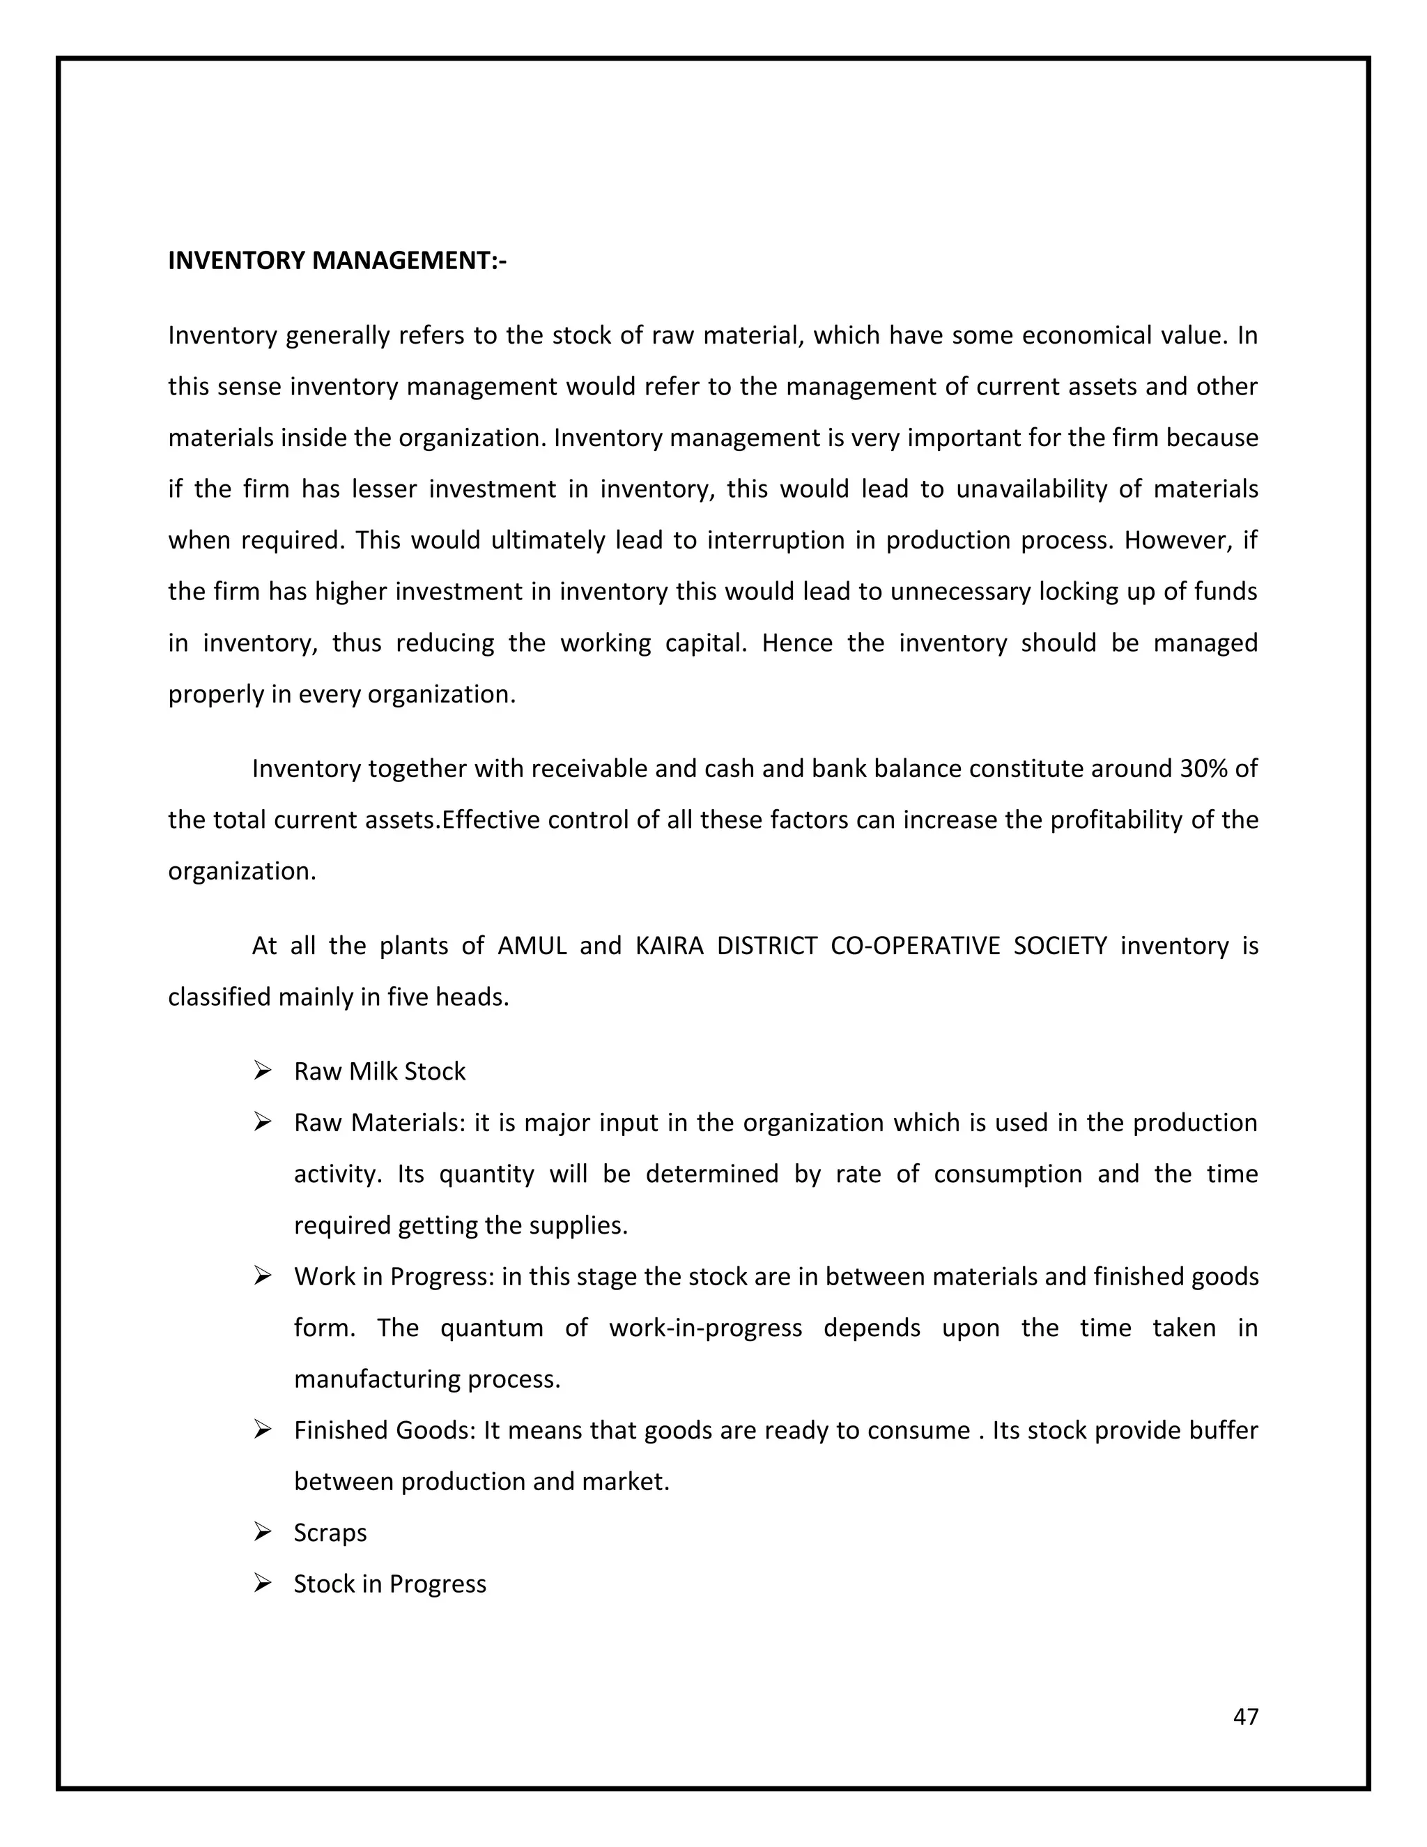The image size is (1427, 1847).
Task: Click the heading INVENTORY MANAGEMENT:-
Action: pyautogui.click(x=337, y=261)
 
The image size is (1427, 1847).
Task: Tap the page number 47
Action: pyautogui.click(x=1245, y=1716)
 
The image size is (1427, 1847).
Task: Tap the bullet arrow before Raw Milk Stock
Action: pyautogui.click(x=262, y=1071)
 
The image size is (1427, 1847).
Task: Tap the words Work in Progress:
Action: pyautogui.click(x=394, y=1276)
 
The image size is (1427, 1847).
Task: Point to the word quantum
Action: pyautogui.click(x=491, y=1327)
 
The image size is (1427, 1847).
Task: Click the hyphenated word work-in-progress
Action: pyautogui.click(x=705, y=1327)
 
